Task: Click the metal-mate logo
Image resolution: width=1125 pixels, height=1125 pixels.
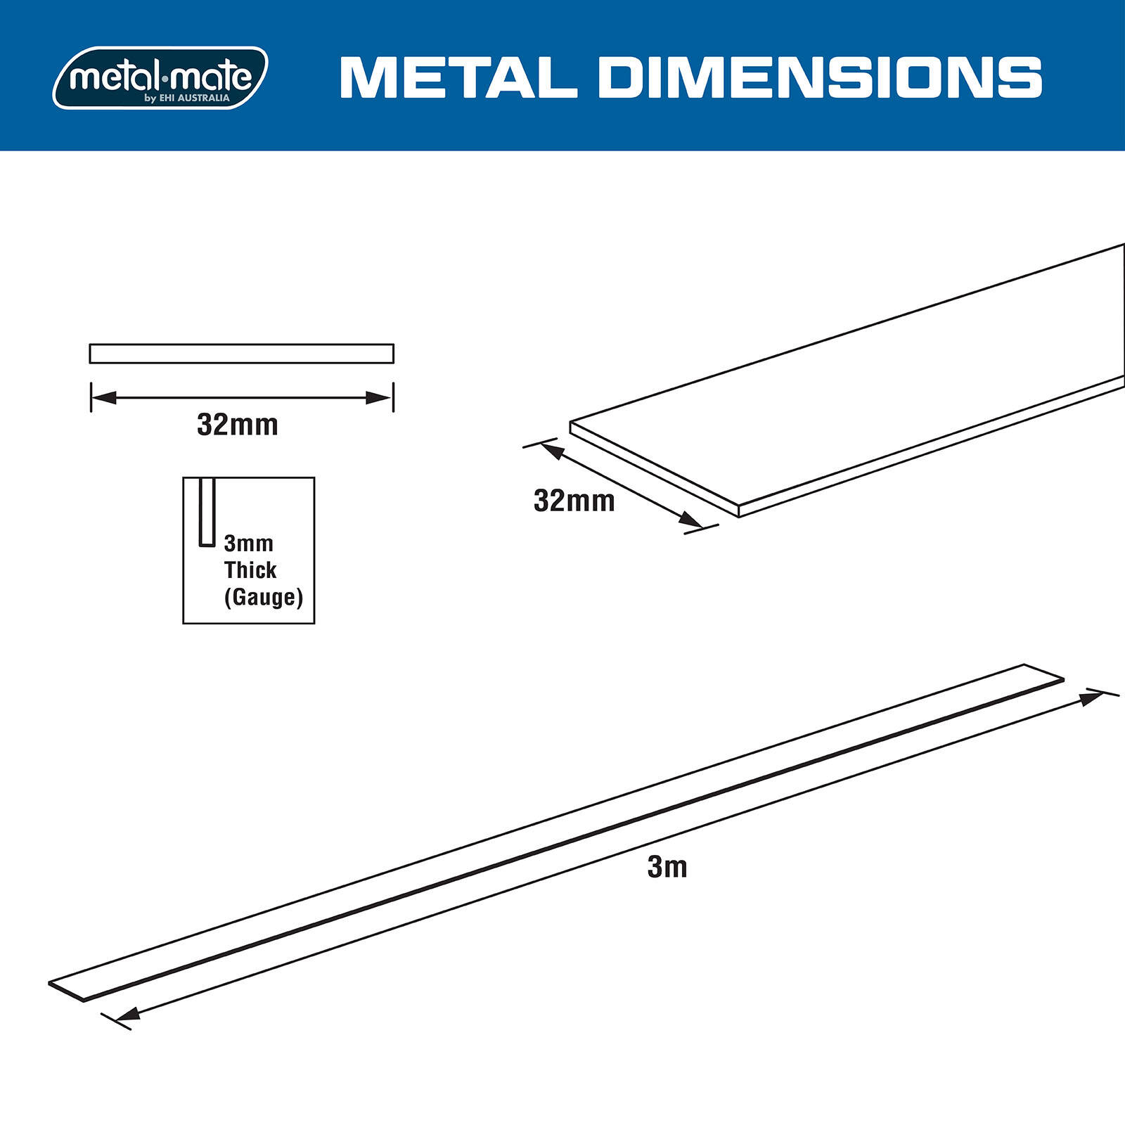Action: [160, 77]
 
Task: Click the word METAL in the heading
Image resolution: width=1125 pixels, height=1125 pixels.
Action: [458, 77]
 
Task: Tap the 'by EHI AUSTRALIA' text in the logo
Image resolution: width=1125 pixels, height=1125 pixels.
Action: [187, 98]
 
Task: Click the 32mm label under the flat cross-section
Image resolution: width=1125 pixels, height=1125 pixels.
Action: [238, 425]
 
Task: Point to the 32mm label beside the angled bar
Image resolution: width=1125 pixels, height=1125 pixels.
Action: [574, 501]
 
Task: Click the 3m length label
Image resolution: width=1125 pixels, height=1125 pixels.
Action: [667, 868]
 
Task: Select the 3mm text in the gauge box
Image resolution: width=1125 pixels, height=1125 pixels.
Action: [248, 544]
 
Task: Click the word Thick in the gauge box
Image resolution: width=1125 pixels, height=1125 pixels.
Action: [250, 570]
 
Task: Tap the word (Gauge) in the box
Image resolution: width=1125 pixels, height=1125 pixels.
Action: [264, 597]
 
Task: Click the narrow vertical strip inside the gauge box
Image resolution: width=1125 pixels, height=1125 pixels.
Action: [207, 512]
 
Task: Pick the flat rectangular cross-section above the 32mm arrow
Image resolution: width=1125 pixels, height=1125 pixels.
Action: [241, 354]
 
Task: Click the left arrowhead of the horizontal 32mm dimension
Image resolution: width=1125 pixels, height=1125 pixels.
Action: [103, 398]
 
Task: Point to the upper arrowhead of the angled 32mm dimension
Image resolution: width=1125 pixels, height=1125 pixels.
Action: [552, 451]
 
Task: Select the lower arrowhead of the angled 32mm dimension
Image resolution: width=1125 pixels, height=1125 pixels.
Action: [690, 520]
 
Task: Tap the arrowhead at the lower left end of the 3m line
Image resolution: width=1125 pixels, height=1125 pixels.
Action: [127, 1014]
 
